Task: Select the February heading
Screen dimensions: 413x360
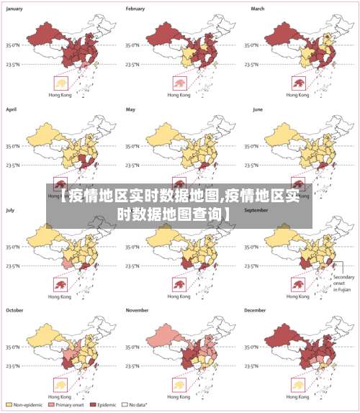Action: click(136, 9)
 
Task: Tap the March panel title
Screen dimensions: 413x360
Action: click(258, 9)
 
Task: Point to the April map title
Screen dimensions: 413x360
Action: click(12, 109)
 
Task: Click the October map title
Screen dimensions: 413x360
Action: click(15, 310)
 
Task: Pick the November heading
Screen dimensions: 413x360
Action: click(138, 310)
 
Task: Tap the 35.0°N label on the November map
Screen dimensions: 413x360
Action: click(134, 346)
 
